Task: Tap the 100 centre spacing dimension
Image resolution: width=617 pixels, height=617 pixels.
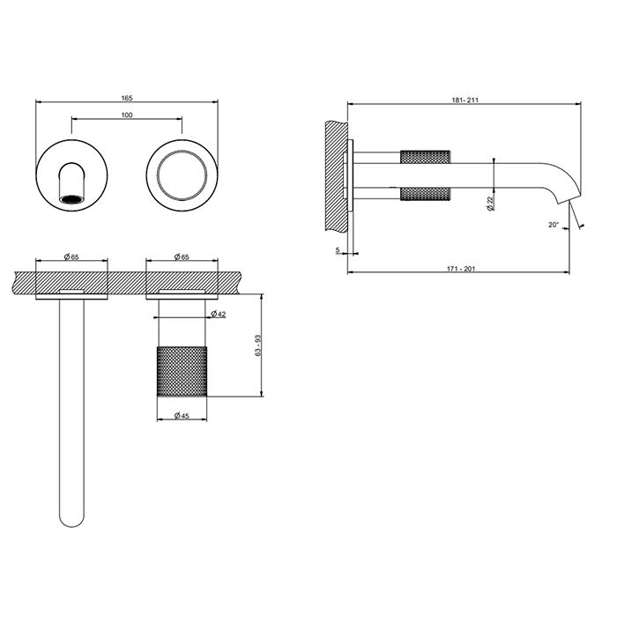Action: coord(126,115)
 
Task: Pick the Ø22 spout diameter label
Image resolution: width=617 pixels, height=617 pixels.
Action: coord(489,203)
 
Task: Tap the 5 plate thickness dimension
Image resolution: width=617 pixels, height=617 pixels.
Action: coord(338,250)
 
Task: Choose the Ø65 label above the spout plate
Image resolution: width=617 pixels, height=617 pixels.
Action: coord(71,256)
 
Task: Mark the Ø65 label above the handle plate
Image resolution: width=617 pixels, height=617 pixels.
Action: coord(182,256)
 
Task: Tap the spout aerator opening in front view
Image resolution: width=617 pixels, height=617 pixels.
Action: coord(71,200)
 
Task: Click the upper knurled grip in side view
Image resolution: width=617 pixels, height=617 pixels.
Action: coord(426,157)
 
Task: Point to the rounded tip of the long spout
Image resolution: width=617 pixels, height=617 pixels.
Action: coord(71,520)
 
